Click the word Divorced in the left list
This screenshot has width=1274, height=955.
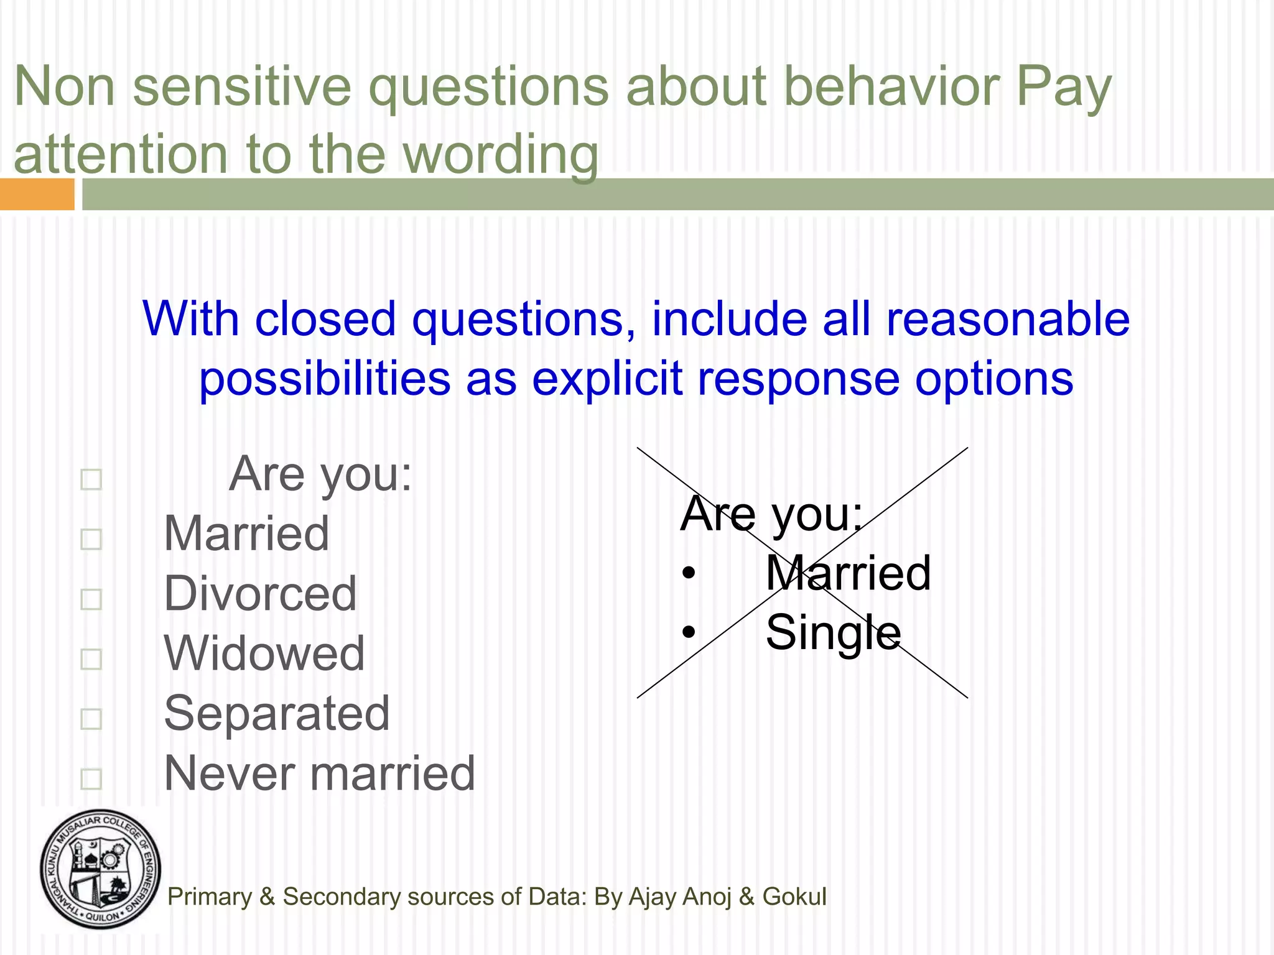(260, 594)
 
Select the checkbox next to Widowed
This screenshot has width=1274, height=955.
(91, 659)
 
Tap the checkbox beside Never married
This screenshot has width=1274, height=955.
(91, 778)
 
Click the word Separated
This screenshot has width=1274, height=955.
(277, 713)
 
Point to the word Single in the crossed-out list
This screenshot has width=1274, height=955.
(833, 632)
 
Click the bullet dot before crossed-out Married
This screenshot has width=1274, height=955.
(688, 573)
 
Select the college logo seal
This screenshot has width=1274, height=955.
(100, 869)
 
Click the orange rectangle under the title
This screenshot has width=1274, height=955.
(37, 194)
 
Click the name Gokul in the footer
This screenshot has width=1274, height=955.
(794, 897)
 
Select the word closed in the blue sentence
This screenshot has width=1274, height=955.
(325, 319)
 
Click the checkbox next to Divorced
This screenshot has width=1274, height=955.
(91, 599)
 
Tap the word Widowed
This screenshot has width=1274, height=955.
(264, 653)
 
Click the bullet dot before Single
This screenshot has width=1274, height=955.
(688, 632)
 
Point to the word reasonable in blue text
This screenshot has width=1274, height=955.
(1007, 319)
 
